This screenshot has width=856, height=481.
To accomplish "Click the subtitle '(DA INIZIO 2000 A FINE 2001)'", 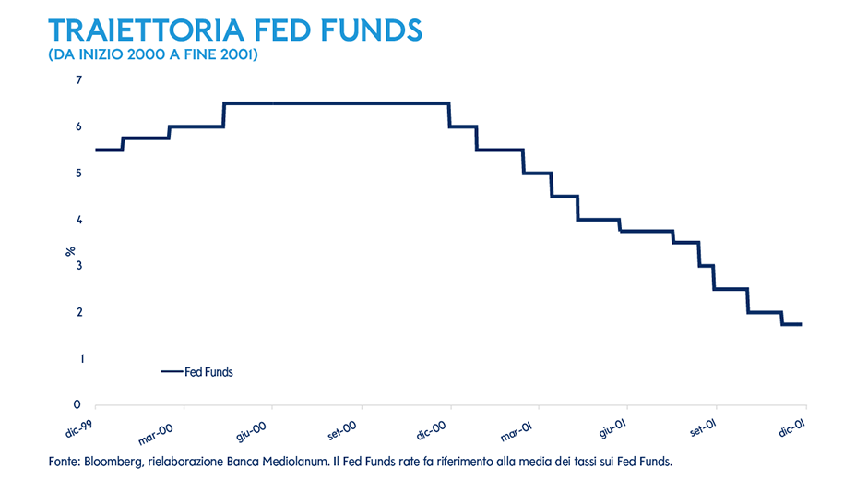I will tap(152, 56).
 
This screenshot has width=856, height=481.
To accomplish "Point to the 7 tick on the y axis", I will tap(78, 80).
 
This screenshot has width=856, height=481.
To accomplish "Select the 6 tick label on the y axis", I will tap(78, 126).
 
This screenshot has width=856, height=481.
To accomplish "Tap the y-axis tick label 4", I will tap(78, 220).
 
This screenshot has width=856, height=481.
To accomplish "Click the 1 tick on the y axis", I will tap(78, 358).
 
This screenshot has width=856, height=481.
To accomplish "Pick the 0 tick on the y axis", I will tap(78, 404).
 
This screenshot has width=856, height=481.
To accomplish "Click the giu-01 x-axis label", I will tap(612, 425).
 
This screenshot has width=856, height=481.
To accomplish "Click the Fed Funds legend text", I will tap(208, 372).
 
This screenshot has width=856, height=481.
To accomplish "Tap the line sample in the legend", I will tap(172, 372).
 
